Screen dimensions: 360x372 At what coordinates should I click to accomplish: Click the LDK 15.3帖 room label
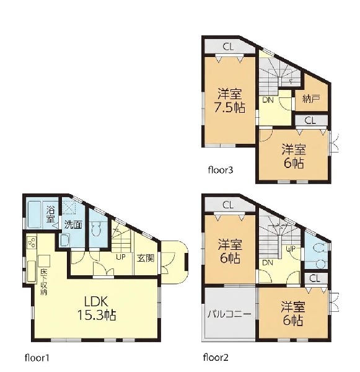coord(97,308)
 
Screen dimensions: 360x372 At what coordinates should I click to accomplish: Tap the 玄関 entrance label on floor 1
coord(146,258)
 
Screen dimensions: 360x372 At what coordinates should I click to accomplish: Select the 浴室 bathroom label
coord(50,214)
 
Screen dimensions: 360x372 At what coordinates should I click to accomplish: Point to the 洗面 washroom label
coord(73,224)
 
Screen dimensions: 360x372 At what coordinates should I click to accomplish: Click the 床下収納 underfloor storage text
coord(43,281)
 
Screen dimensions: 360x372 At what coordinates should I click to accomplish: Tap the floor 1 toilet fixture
coord(96,229)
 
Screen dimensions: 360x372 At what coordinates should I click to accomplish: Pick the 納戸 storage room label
coord(312,99)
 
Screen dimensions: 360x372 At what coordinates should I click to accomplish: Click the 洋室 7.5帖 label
coord(229,100)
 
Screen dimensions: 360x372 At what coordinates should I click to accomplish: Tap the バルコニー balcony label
coord(229,314)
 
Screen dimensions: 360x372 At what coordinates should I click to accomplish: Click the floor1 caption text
coord(37,358)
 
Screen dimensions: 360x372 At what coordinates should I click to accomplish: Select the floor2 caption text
coord(216,357)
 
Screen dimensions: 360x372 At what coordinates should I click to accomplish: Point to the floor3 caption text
coord(221,170)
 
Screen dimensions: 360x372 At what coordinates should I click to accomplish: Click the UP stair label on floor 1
coord(120,257)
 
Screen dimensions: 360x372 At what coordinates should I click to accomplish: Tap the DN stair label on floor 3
coord(268,100)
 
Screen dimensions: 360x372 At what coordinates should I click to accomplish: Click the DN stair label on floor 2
coord(268,263)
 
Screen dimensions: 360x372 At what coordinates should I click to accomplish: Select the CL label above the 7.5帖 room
coord(228,46)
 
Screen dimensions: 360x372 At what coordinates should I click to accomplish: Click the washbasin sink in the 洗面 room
coord(64,240)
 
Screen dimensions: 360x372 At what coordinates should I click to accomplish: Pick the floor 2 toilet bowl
coord(318,248)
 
